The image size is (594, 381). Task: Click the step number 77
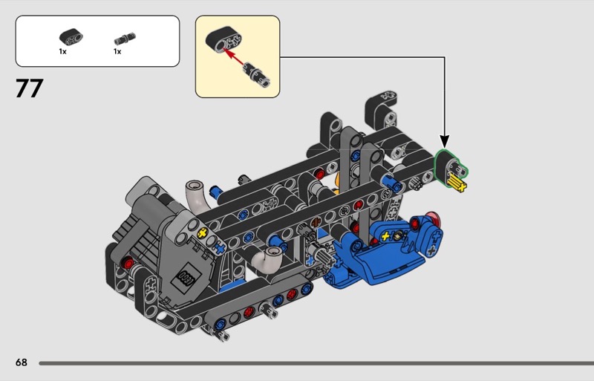(x=29, y=89)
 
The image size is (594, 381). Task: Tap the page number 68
(x=21, y=362)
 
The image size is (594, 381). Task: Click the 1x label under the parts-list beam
(x=63, y=52)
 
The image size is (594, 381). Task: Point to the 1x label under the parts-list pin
(x=117, y=52)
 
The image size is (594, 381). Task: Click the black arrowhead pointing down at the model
(x=445, y=140)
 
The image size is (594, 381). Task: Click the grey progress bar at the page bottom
(x=312, y=363)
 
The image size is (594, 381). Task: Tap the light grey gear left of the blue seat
(x=324, y=256)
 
